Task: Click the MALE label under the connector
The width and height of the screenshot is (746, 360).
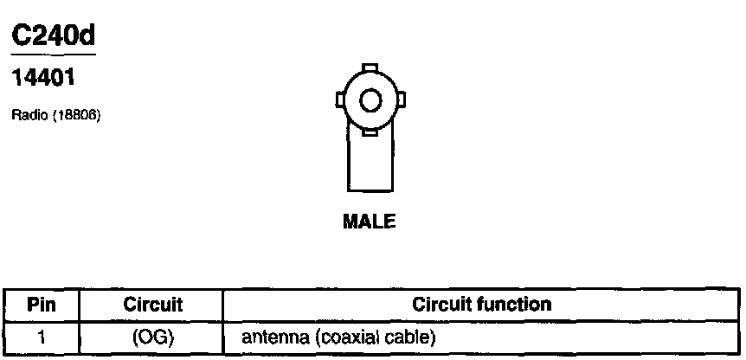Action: [370, 222]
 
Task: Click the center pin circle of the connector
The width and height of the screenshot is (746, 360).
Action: [370, 101]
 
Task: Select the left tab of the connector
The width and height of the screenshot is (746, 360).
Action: [340, 102]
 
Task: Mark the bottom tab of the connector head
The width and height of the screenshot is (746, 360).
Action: [370, 133]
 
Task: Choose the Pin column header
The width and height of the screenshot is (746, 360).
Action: [41, 305]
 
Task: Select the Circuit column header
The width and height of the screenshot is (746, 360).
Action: [152, 305]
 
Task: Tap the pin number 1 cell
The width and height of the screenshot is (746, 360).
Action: [41, 335]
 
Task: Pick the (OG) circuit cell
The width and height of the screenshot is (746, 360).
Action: [152, 335]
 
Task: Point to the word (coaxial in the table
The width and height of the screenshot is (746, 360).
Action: [338, 336]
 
